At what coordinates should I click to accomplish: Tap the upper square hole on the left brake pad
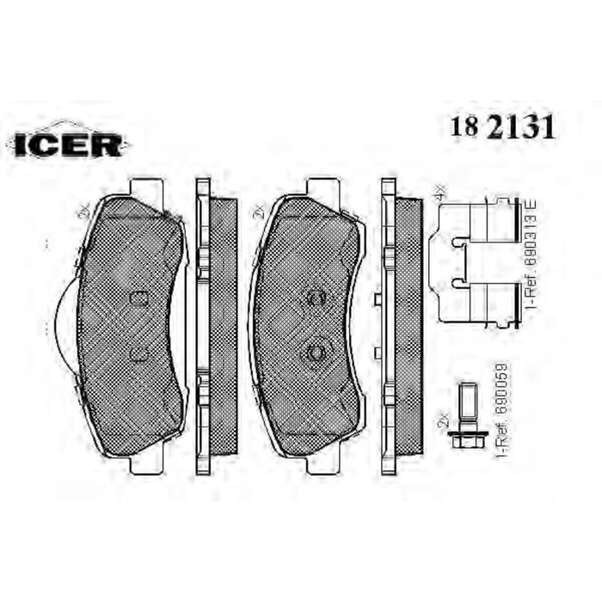click(138, 298)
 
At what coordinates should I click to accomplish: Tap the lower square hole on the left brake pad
click(138, 352)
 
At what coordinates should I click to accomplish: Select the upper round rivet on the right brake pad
click(315, 298)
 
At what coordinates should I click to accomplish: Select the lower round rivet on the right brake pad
click(315, 352)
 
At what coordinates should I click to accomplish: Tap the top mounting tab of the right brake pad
click(323, 187)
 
